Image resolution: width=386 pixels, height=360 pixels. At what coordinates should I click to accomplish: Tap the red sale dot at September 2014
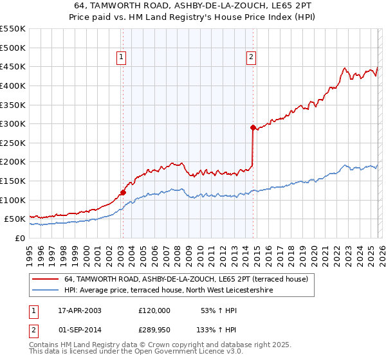pos(253,127)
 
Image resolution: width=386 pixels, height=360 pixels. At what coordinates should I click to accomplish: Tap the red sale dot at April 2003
pos(123,192)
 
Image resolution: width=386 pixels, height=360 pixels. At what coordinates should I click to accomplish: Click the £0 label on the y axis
pos(20,238)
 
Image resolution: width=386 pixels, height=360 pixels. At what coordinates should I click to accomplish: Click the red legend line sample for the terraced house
pos(45,280)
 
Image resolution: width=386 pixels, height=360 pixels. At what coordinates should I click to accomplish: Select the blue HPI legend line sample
pos(45,291)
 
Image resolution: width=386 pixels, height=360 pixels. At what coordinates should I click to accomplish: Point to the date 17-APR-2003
pos(79,310)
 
